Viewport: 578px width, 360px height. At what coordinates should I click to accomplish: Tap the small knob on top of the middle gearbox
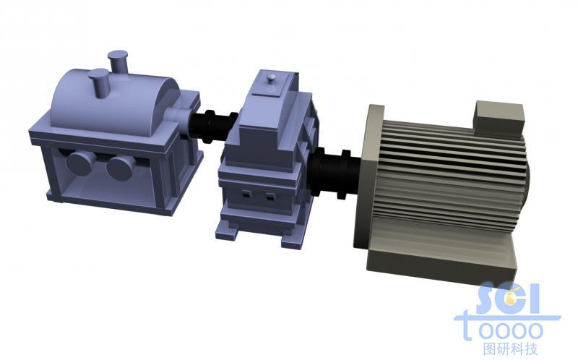pos(272,79)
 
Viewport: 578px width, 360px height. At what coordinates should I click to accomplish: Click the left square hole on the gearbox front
pos(246,193)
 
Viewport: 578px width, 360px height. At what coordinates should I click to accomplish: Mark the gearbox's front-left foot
pos(225,233)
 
